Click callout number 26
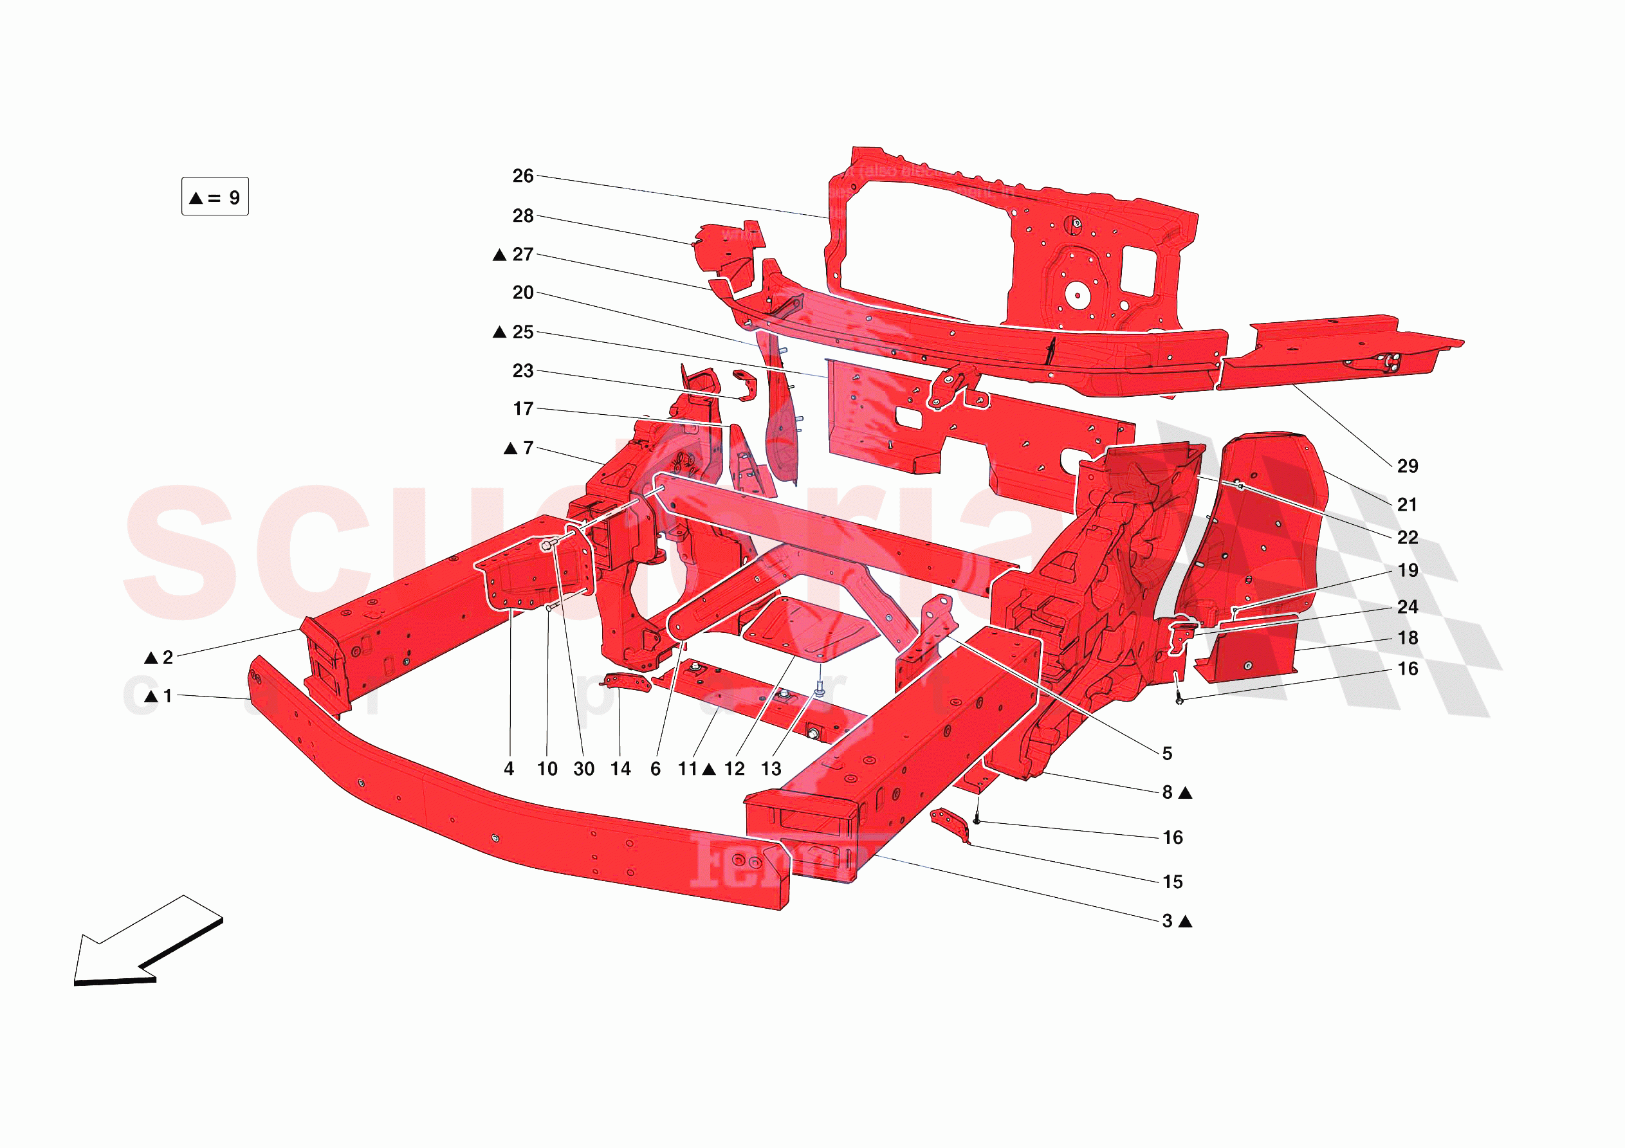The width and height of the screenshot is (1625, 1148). pos(522,176)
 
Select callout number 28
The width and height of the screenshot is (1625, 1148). pos(522,216)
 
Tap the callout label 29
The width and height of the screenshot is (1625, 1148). pos(1407,466)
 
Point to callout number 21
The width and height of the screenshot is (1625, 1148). pos(1407,505)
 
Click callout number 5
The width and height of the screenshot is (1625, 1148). pos(1167,753)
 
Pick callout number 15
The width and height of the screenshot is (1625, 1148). pos(1173,882)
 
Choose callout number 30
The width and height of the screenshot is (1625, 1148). pos(584,769)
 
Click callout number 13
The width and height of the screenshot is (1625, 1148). pos(771,769)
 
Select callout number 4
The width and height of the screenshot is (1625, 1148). pos(509,769)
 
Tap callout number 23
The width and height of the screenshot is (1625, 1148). pos(522,371)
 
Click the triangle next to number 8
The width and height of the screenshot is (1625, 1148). pos(1186,794)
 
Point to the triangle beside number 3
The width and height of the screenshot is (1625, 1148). pos(1186,922)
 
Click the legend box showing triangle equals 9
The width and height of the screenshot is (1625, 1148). pos(215,197)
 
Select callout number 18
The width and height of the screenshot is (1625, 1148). pos(1408,638)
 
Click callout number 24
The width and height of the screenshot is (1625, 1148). pos(1408,606)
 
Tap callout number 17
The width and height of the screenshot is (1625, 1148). pos(522,409)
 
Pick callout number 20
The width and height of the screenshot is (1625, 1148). pos(522,293)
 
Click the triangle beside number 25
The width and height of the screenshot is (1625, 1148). pos(500,332)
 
